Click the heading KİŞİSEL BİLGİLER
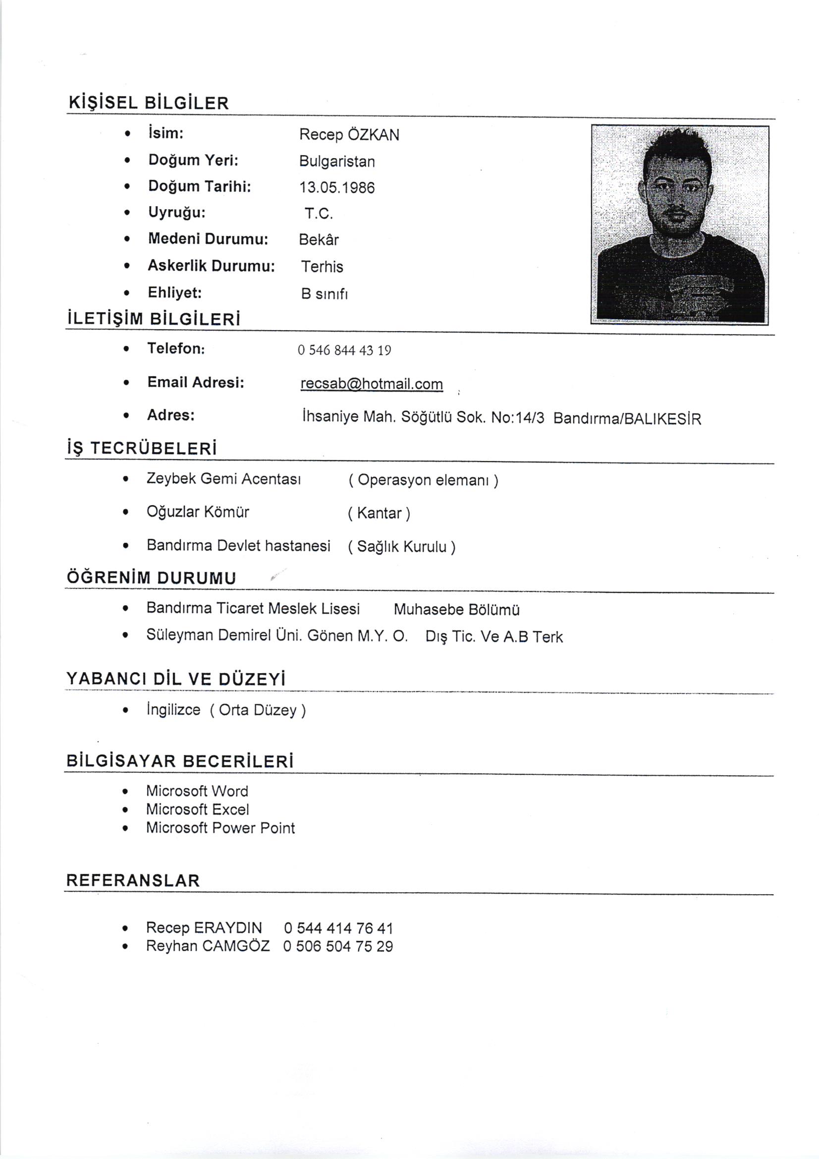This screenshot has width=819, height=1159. point(148,103)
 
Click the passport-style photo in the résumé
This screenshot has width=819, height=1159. point(679,225)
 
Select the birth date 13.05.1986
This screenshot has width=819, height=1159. point(336,188)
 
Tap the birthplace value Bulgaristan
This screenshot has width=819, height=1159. point(336,162)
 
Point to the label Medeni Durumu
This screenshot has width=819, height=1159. point(208,239)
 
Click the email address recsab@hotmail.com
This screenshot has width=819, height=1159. point(372,384)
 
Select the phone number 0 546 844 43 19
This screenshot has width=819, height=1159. point(344,350)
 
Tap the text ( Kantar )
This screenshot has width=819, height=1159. point(379,514)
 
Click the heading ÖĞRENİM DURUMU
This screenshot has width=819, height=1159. point(151,578)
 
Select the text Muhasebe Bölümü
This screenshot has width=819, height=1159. point(456,610)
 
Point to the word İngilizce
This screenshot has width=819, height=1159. point(173,710)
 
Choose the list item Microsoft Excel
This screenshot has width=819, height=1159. point(197,810)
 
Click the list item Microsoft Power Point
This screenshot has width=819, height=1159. point(220,828)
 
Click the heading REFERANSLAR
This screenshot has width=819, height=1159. point(133,881)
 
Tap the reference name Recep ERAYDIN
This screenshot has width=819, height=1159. point(204,928)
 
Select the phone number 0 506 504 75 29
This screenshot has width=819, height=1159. point(337,946)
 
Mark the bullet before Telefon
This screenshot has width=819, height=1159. point(126,349)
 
